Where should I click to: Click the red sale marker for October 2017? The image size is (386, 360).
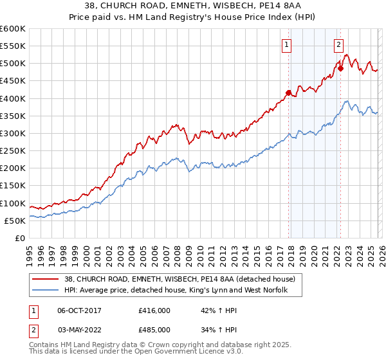[x=288, y=93]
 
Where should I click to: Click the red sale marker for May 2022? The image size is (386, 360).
[x=340, y=68]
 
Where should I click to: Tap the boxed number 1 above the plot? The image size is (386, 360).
[x=286, y=45]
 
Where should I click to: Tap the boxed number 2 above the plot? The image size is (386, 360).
[x=338, y=45]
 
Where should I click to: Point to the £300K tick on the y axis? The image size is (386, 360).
[x=13, y=134]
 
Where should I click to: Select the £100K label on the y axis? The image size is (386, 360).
[x=13, y=203]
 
